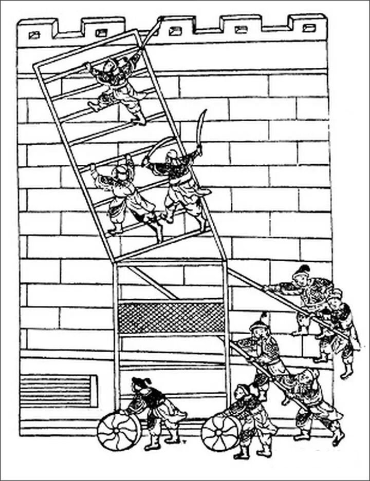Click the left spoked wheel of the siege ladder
119,432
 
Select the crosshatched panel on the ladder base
171,318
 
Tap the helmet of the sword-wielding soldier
172,155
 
